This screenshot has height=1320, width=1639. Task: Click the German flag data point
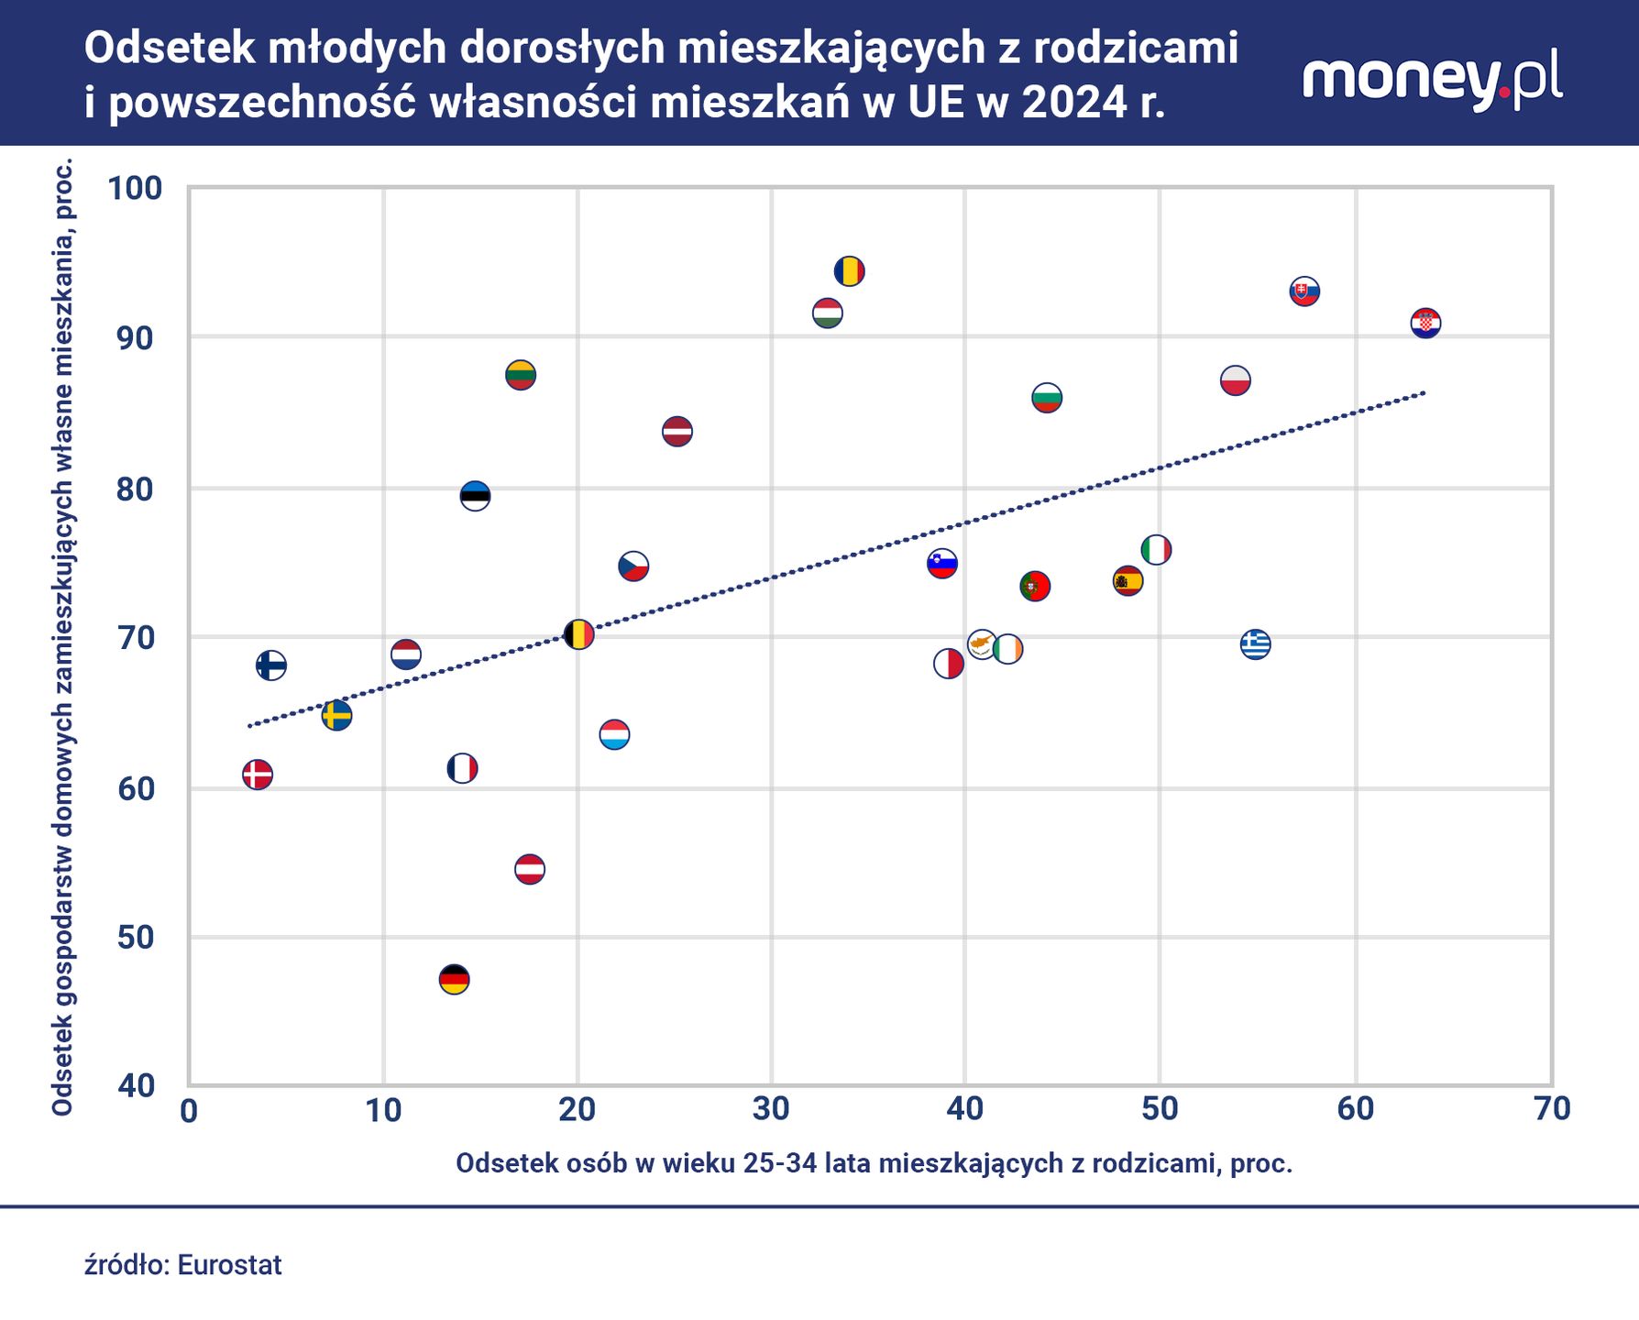[x=454, y=980]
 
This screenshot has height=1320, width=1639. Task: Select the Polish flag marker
[x=1235, y=380]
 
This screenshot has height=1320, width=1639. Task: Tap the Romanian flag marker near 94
[x=849, y=271]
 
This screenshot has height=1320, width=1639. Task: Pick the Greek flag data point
[x=1255, y=644]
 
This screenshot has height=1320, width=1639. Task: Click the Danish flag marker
[x=258, y=775]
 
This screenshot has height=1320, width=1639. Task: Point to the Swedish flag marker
[x=336, y=715]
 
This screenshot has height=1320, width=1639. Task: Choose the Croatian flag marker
[x=1424, y=324]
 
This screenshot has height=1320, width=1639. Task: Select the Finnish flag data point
[x=270, y=665]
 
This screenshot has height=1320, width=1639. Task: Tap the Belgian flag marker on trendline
[x=577, y=634]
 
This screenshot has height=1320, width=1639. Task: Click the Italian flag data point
[x=1156, y=550]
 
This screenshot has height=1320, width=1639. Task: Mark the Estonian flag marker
[x=475, y=496]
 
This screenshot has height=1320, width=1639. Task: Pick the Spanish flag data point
[x=1127, y=580]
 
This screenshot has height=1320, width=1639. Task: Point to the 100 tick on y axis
[x=135, y=189]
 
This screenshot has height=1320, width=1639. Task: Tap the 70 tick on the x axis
[x=1551, y=1109]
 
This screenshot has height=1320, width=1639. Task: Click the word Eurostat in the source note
[x=229, y=1265]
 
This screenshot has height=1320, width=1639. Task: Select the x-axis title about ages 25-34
[x=874, y=1163]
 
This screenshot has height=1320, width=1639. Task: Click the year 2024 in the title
[x=1073, y=102]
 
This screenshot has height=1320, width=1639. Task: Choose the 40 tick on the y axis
[x=137, y=1086]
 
